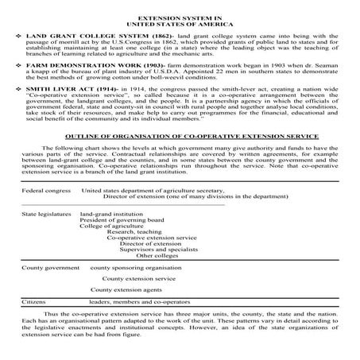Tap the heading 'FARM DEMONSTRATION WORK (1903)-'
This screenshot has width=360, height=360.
pos(75,82)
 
